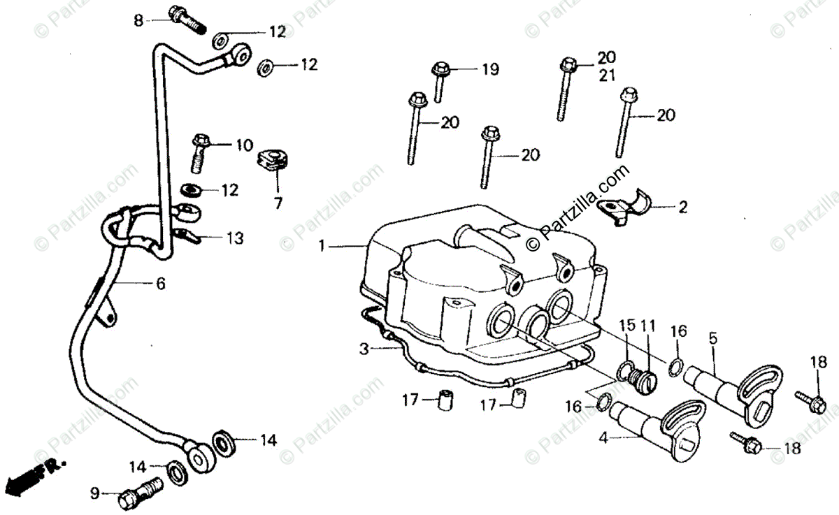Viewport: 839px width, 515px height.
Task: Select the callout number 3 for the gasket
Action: tap(364, 347)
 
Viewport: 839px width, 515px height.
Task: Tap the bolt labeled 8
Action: tap(186, 20)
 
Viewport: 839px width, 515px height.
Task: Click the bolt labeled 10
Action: tap(200, 149)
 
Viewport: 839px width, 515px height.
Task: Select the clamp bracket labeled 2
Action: tap(626, 206)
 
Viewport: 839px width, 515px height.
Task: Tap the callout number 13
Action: tap(235, 238)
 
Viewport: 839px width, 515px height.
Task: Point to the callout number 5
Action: tap(712, 338)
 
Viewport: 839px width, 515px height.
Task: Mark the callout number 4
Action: tap(602, 438)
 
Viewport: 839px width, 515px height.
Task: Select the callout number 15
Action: tap(626, 325)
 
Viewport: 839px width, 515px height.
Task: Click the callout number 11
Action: tap(648, 325)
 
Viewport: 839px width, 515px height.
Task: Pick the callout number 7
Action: tap(278, 203)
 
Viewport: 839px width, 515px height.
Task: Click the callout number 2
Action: tap(682, 207)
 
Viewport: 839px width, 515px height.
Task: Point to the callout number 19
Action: tap(489, 68)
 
